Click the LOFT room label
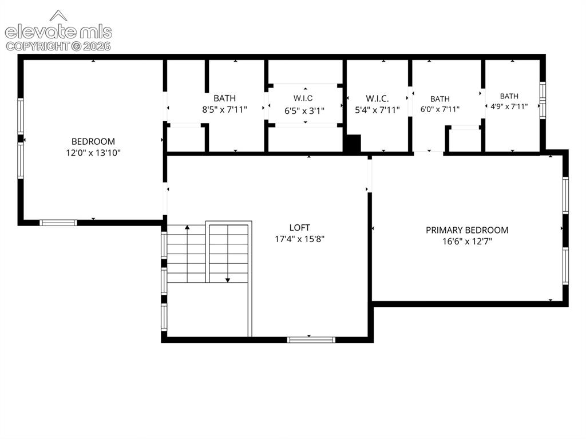[x=299, y=227]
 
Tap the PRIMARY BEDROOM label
[x=467, y=230]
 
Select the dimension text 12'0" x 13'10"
[x=93, y=153]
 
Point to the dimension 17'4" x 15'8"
[x=299, y=239]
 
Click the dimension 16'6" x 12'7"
[x=467, y=241]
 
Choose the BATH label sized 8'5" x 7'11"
[x=224, y=98]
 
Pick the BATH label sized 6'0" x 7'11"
[x=440, y=99]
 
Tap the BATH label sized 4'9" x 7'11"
[x=509, y=96]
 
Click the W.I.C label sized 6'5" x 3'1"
[x=303, y=98]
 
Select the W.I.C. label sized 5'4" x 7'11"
[x=377, y=98]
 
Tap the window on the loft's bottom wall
[x=311, y=340]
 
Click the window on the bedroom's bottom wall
[x=58, y=223]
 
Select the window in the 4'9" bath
[x=543, y=100]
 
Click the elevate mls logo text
[x=58, y=32]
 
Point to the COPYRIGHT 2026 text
[x=58, y=46]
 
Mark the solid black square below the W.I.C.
[x=352, y=143]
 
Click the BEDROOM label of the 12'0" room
[x=93, y=141]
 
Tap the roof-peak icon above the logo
[x=58, y=15]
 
